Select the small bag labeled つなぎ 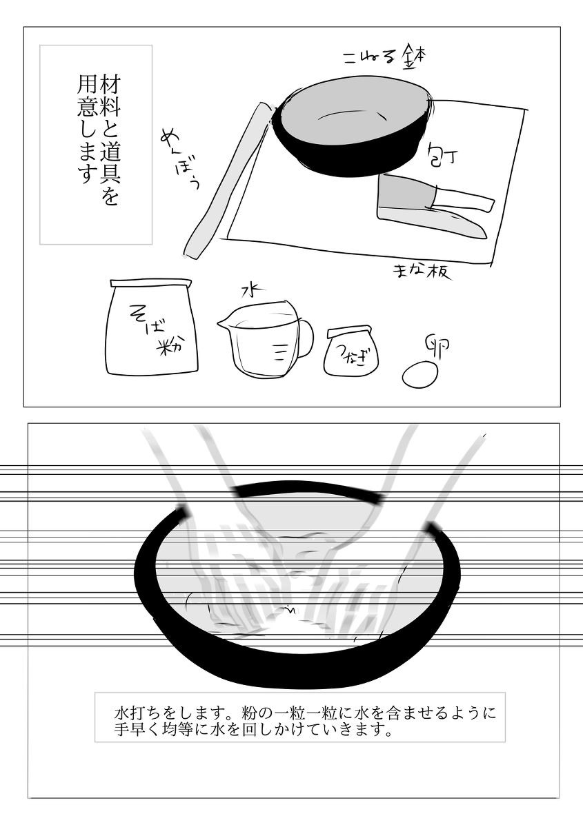[x=353, y=351]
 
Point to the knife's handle [x=466, y=200]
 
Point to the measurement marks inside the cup [x=279, y=352]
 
